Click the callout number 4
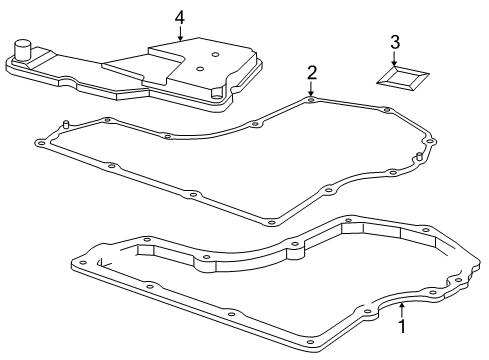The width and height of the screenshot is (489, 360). pyautogui.click(x=180, y=18)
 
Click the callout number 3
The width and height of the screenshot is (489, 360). pyautogui.click(x=395, y=42)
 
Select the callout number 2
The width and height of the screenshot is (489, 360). pyautogui.click(x=312, y=73)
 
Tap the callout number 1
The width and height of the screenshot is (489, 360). pyautogui.click(x=402, y=326)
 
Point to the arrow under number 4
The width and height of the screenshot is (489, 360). pyautogui.click(x=180, y=33)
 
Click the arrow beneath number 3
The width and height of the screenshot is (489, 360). pyautogui.click(x=395, y=58)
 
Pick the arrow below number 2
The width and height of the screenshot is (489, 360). pyautogui.click(x=311, y=88)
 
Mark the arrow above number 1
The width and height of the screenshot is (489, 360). pyautogui.click(x=402, y=311)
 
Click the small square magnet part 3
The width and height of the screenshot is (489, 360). pyautogui.click(x=403, y=78)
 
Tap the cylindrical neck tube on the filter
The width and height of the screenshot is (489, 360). pyautogui.click(x=22, y=51)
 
